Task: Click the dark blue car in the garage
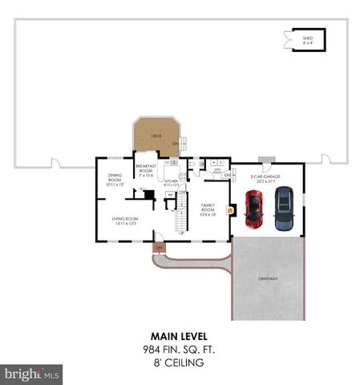tap(284, 209)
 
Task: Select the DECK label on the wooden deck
tap(156, 136)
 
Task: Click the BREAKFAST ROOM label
tap(145, 168)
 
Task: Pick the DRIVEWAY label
tap(267, 278)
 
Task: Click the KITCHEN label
tap(171, 182)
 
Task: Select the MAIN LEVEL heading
tap(178, 337)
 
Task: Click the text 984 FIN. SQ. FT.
tap(178, 350)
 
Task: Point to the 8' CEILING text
tap(178, 363)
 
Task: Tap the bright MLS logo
tap(32, 374)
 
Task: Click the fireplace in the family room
tap(230, 211)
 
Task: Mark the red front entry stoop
tap(159, 247)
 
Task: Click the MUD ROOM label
tap(216, 170)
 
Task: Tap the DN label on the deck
tap(176, 144)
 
